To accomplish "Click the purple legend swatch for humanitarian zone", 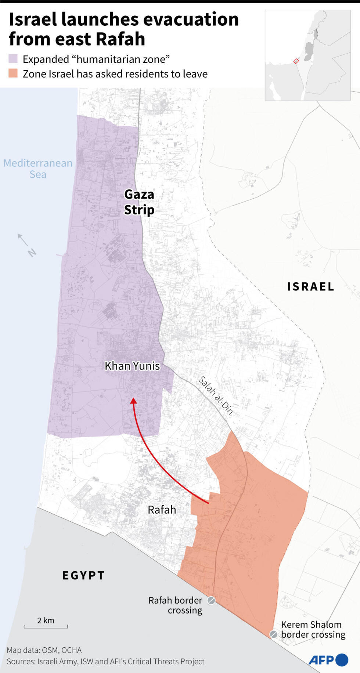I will click(x=13, y=59).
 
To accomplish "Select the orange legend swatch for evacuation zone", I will click(x=13, y=73).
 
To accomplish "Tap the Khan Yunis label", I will click(x=132, y=366).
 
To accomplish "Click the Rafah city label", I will click(x=162, y=510).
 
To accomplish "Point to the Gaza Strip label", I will click(x=139, y=202).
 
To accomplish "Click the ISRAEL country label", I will click(x=310, y=286).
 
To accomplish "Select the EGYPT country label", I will click(x=83, y=575).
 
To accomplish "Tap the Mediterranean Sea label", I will click(x=38, y=169).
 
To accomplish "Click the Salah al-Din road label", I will click(x=216, y=395).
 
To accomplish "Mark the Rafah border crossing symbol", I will click(x=211, y=600).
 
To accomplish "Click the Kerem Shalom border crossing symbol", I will click(x=274, y=634).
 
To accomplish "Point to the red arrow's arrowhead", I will click(x=134, y=401).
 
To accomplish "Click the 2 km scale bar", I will click(x=46, y=626).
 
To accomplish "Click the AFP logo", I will click(x=328, y=660).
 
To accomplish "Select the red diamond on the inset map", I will click(x=296, y=61).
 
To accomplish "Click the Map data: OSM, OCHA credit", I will click(x=44, y=650).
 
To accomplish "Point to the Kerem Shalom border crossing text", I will click(x=313, y=629).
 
